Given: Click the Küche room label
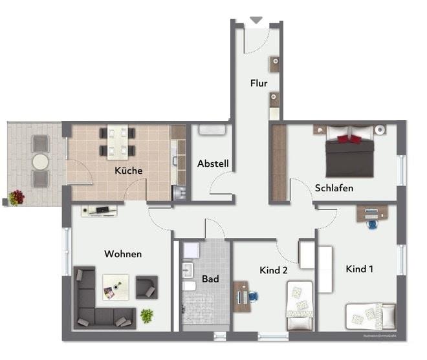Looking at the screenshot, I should [x=128, y=171].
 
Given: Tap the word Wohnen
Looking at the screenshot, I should [x=123, y=254].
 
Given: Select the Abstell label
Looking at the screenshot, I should [x=213, y=164].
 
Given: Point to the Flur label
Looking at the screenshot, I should [x=259, y=83].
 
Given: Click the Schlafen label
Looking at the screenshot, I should [x=334, y=188].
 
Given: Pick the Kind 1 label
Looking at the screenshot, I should [x=360, y=269].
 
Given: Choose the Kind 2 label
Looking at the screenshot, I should [x=273, y=270].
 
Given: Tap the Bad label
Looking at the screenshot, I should [x=210, y=279].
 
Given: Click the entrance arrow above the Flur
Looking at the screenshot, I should [x=256, y=20].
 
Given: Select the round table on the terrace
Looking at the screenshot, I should [x=40, y=160].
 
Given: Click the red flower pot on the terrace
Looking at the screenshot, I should [x=16, y=196].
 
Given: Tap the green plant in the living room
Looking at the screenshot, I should [x=147, y=316].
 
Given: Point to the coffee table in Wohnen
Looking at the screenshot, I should [x=115, y=287].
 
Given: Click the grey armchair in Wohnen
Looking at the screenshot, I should [x=147, y=286].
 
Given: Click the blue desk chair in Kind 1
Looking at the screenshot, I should [x=373, y=224].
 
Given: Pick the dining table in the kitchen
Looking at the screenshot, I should [x=117, y=142].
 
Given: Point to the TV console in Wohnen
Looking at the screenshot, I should [x=99, y=210].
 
